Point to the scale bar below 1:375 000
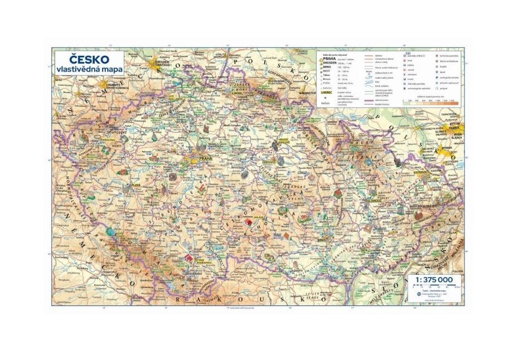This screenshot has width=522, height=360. [440, 287]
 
